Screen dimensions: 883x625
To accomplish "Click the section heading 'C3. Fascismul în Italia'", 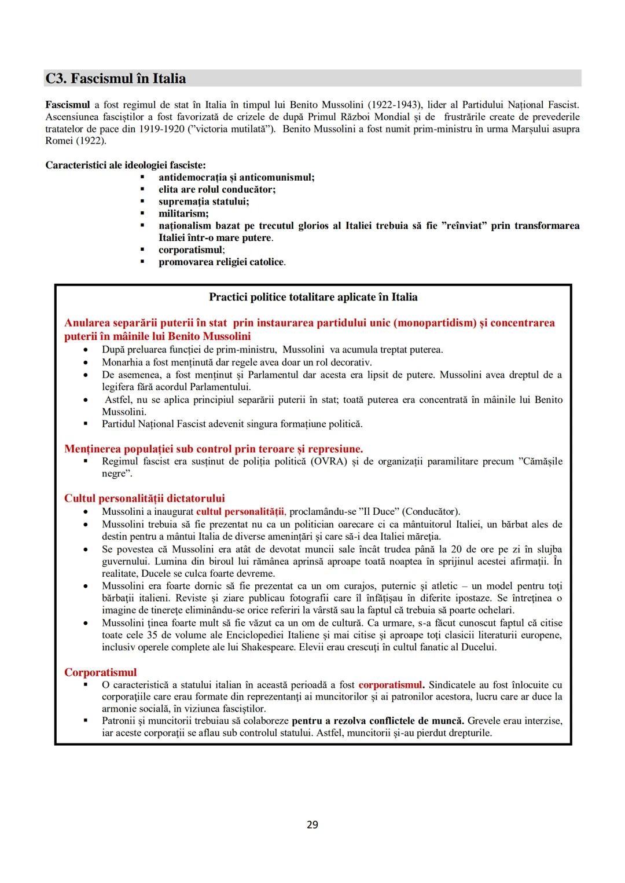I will pos(116,79).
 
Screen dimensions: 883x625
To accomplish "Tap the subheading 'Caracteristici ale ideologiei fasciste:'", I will pos(125,165).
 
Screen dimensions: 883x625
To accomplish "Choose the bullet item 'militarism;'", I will pos(183,214).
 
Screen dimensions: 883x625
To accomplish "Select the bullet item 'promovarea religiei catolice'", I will pos(222,262).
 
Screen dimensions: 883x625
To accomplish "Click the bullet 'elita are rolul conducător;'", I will pos(217,189).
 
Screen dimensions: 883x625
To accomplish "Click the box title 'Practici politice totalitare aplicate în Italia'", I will pos(313,297).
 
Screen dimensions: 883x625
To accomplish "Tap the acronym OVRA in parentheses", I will pos(329,461).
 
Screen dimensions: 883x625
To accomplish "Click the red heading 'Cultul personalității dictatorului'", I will pos(144,499).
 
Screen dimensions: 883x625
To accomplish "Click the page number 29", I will pos(312,825).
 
